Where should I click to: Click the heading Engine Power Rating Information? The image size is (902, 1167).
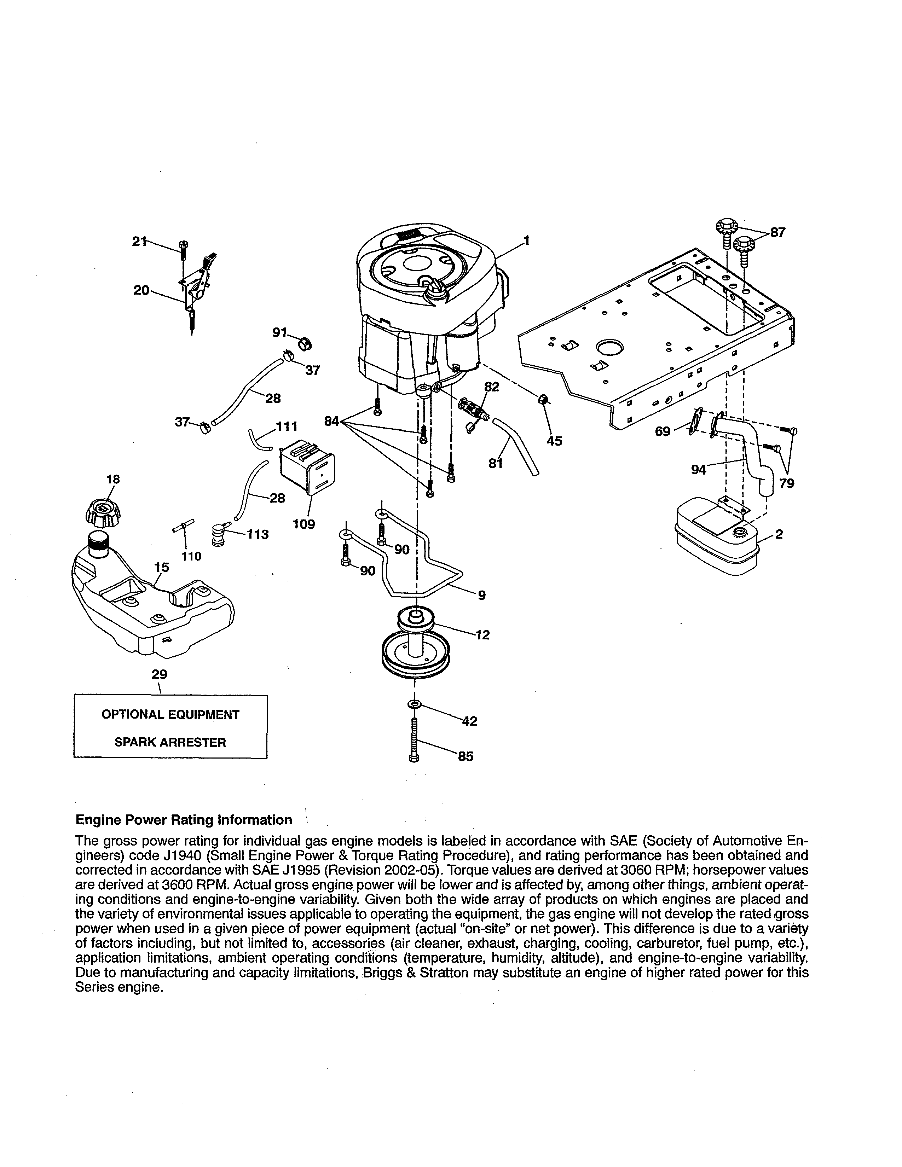click(x=184, y=820)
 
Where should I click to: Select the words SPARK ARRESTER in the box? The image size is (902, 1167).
click(x=170, y=742)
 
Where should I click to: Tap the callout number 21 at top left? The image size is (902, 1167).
click(x=139, y=242)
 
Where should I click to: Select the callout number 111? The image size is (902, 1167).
click(x=287, y=426)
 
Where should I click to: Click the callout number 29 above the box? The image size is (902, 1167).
click(x=159, y=674)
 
